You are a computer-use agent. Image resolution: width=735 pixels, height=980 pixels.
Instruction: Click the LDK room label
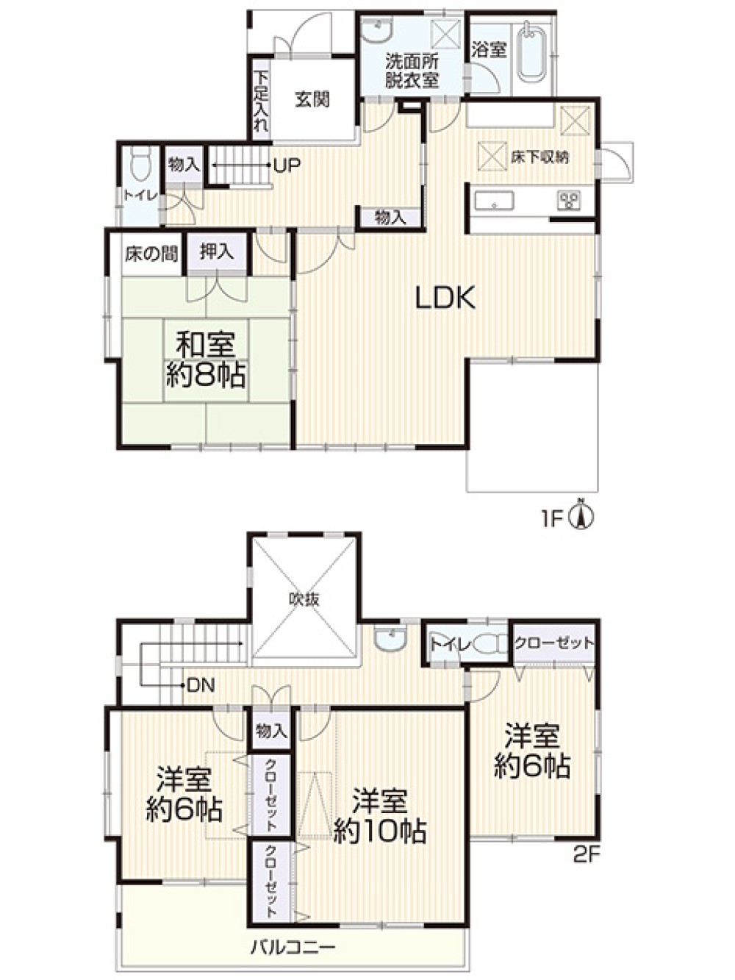445,298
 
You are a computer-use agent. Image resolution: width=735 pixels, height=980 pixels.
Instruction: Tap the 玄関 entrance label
312,99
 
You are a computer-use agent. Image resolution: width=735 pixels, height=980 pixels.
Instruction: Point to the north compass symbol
581,518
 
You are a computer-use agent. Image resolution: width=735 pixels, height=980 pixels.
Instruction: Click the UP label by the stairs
287,165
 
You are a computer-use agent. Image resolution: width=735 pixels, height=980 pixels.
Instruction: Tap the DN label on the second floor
201,685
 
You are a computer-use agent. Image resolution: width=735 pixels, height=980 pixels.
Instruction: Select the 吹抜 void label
304,600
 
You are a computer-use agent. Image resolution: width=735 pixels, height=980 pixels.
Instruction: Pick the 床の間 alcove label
151,254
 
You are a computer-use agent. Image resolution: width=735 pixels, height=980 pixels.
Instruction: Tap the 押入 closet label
216,252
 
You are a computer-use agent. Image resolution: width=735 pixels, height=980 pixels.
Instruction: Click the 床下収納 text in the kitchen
539,157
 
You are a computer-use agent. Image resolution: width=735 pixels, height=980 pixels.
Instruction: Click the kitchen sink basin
494,201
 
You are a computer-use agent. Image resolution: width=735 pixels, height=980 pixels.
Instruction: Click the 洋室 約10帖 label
380,816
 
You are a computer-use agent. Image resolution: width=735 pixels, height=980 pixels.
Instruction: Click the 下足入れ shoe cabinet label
261,101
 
